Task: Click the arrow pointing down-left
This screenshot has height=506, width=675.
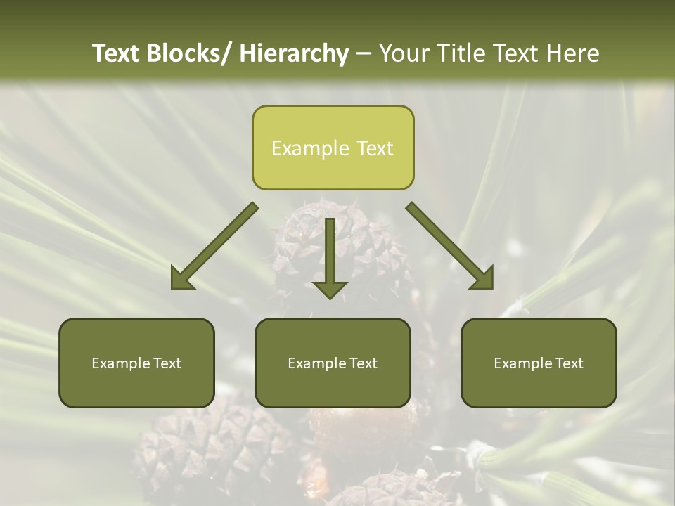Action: [214, 246]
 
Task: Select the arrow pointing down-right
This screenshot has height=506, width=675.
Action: [450, 246]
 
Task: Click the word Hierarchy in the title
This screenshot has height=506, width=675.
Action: [293, 53]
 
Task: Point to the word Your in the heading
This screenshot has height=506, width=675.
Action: [403, 53]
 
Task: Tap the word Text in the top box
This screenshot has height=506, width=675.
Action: [374, 148]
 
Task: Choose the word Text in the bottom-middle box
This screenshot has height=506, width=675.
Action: [363, 363]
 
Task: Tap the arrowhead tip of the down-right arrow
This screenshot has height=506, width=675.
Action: [492, 288]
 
